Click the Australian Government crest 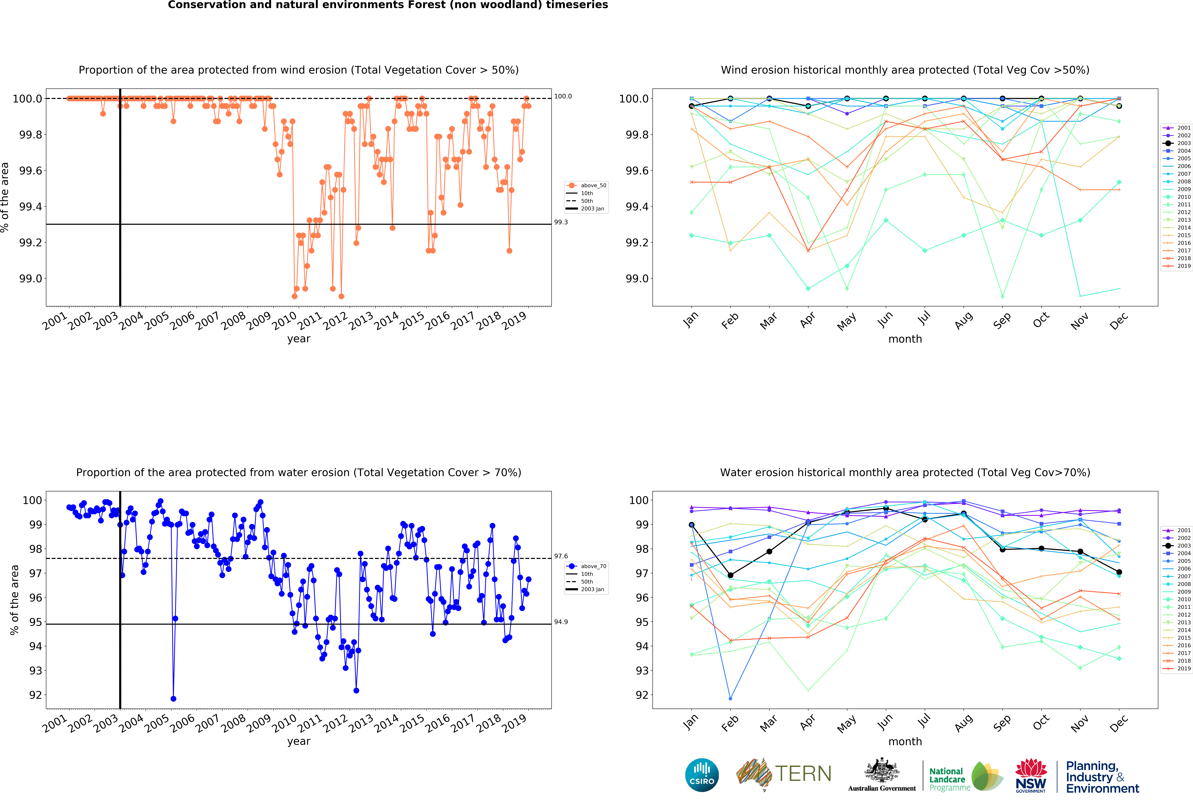(x=881, y=770)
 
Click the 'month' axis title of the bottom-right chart (x=905, y=741)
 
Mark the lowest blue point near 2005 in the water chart (x=174, y=699)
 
